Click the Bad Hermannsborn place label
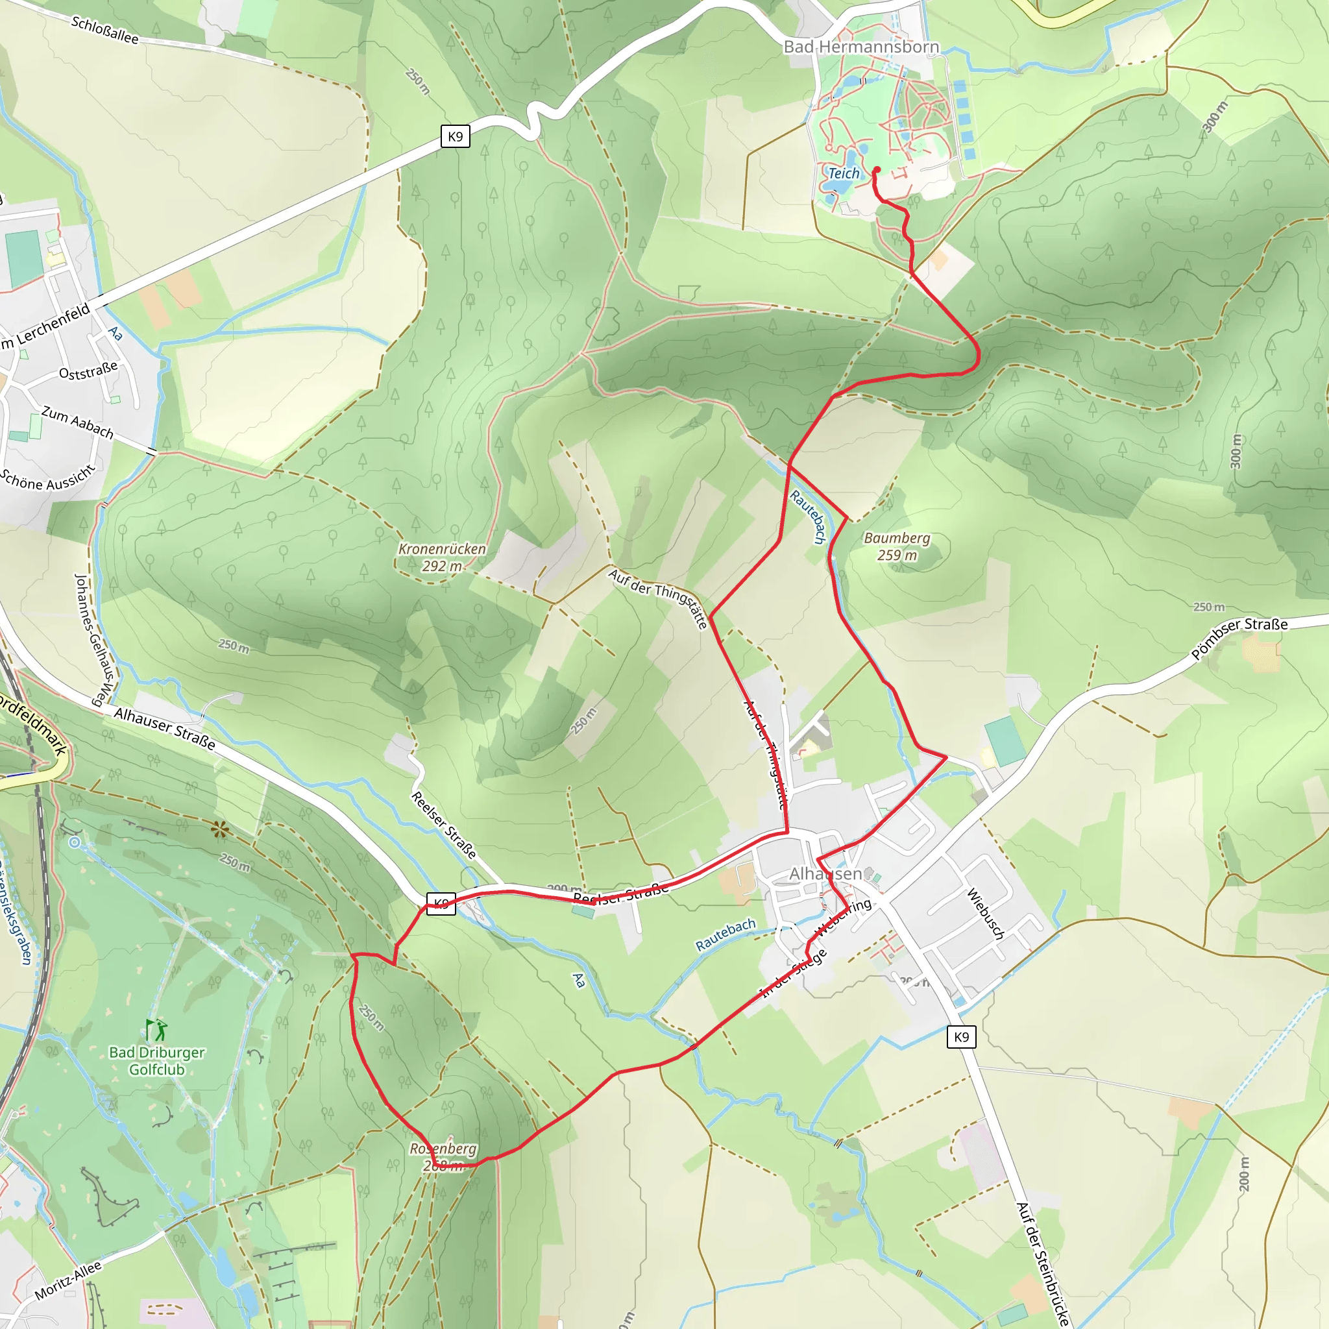click(x=861, y=47)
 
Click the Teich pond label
click(x=844, y=173)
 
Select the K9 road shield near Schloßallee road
click(x=455, y=136)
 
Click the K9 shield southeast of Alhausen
click(x=961, y=1036)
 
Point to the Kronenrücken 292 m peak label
click(x=443, y=557)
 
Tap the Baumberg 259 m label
click(x=897, y=546)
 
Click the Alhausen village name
click(x=825, y=873)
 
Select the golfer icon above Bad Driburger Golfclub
click(x=156, y=1030)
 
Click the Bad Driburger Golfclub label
click(x=157, y=1061)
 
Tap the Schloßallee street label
click(x=104, y=30)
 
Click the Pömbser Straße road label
click(x=1239, y=637)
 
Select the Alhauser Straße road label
click(x=164, y=729)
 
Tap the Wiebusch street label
click(x=986, y=914)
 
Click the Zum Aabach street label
click(x=77, y=422)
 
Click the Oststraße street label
click(x=88, y=371)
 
